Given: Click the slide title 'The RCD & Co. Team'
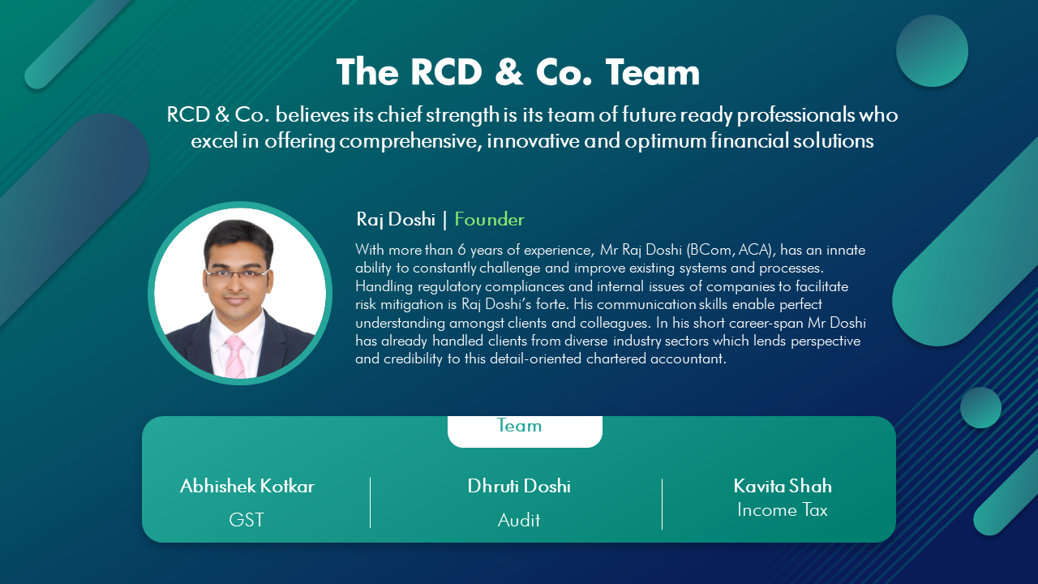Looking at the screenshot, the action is click(x=518, y=72).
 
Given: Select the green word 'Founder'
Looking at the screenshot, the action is click(x=489, y=219).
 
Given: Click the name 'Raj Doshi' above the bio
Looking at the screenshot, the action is click(x=396, y=219).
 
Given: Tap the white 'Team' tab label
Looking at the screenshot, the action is click(x=519, y=426).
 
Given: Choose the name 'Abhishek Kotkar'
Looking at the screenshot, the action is click(x=247, y=486).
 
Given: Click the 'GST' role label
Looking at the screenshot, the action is click(x=247, y=520).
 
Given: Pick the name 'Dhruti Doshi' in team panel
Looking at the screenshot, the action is click(x=519, y=486).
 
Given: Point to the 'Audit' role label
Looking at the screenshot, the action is click(x=519, y=520).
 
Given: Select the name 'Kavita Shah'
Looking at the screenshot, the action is click(x=783, y=486).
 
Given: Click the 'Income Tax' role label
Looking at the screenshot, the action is click(x=783, y=510).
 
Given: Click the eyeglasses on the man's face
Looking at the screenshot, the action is click(x=237, y=274).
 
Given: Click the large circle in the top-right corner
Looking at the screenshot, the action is click(x=932, y=50).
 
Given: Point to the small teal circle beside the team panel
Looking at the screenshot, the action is click(x=980, y=408).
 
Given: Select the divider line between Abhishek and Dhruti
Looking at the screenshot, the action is click(x=371, y=503).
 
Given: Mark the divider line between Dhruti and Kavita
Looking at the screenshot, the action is click(x=663, y=504).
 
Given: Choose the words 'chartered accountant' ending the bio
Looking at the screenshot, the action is click(x=656, y=359).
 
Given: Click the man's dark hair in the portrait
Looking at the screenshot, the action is click(x=238, y=236).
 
